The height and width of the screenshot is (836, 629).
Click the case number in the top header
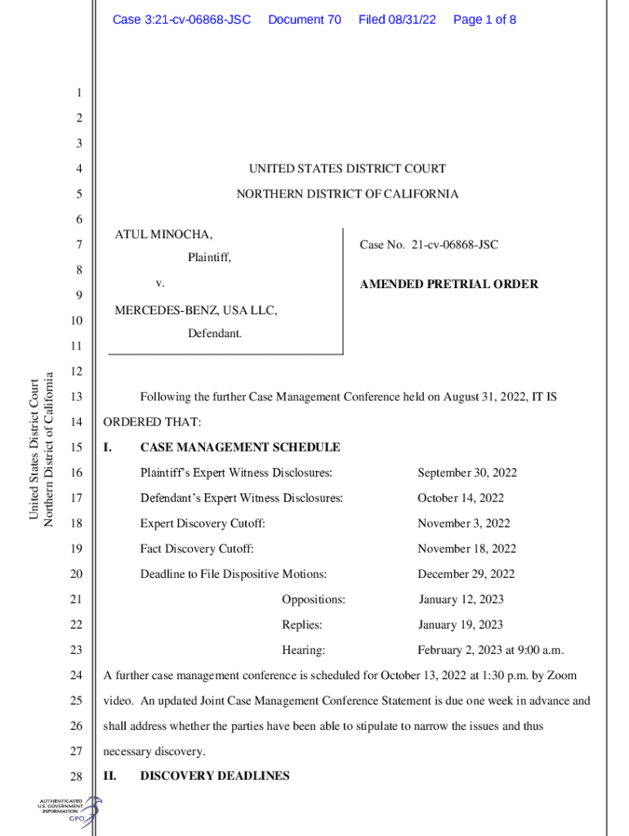[x=181, y=20]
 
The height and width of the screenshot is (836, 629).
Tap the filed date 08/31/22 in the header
[x=397, y=20]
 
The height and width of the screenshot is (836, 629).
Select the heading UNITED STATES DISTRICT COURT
[x=347, y=169]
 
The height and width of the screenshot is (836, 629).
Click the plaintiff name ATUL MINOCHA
[x=163, y=235]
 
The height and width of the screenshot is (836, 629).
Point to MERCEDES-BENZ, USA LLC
[x=196, y=310]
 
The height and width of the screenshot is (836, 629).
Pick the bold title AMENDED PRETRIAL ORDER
[x=449, y=285]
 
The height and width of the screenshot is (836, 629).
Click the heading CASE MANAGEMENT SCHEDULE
[x=240, y=448]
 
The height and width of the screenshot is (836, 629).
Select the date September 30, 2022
[x=467, y=474]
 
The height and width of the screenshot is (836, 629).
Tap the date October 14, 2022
[x=461, y=499]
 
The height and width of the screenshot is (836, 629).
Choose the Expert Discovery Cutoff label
[x=203, y=524]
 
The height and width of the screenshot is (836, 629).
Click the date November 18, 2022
[x=466, y=549]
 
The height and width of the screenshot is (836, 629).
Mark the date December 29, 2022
[x=466, y=575]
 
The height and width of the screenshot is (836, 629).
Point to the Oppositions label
[x=314, y=600]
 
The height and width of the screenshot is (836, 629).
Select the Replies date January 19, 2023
[x=461, y=625]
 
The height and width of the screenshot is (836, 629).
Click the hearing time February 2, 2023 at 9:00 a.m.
[x=491, y=651]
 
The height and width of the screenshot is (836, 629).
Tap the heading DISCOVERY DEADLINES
[x=215, y=776]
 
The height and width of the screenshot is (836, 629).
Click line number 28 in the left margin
[x=77, y=777]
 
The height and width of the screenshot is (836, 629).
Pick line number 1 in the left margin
[x=79, y=94]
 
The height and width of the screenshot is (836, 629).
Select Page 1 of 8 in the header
[x=484, y=20]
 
